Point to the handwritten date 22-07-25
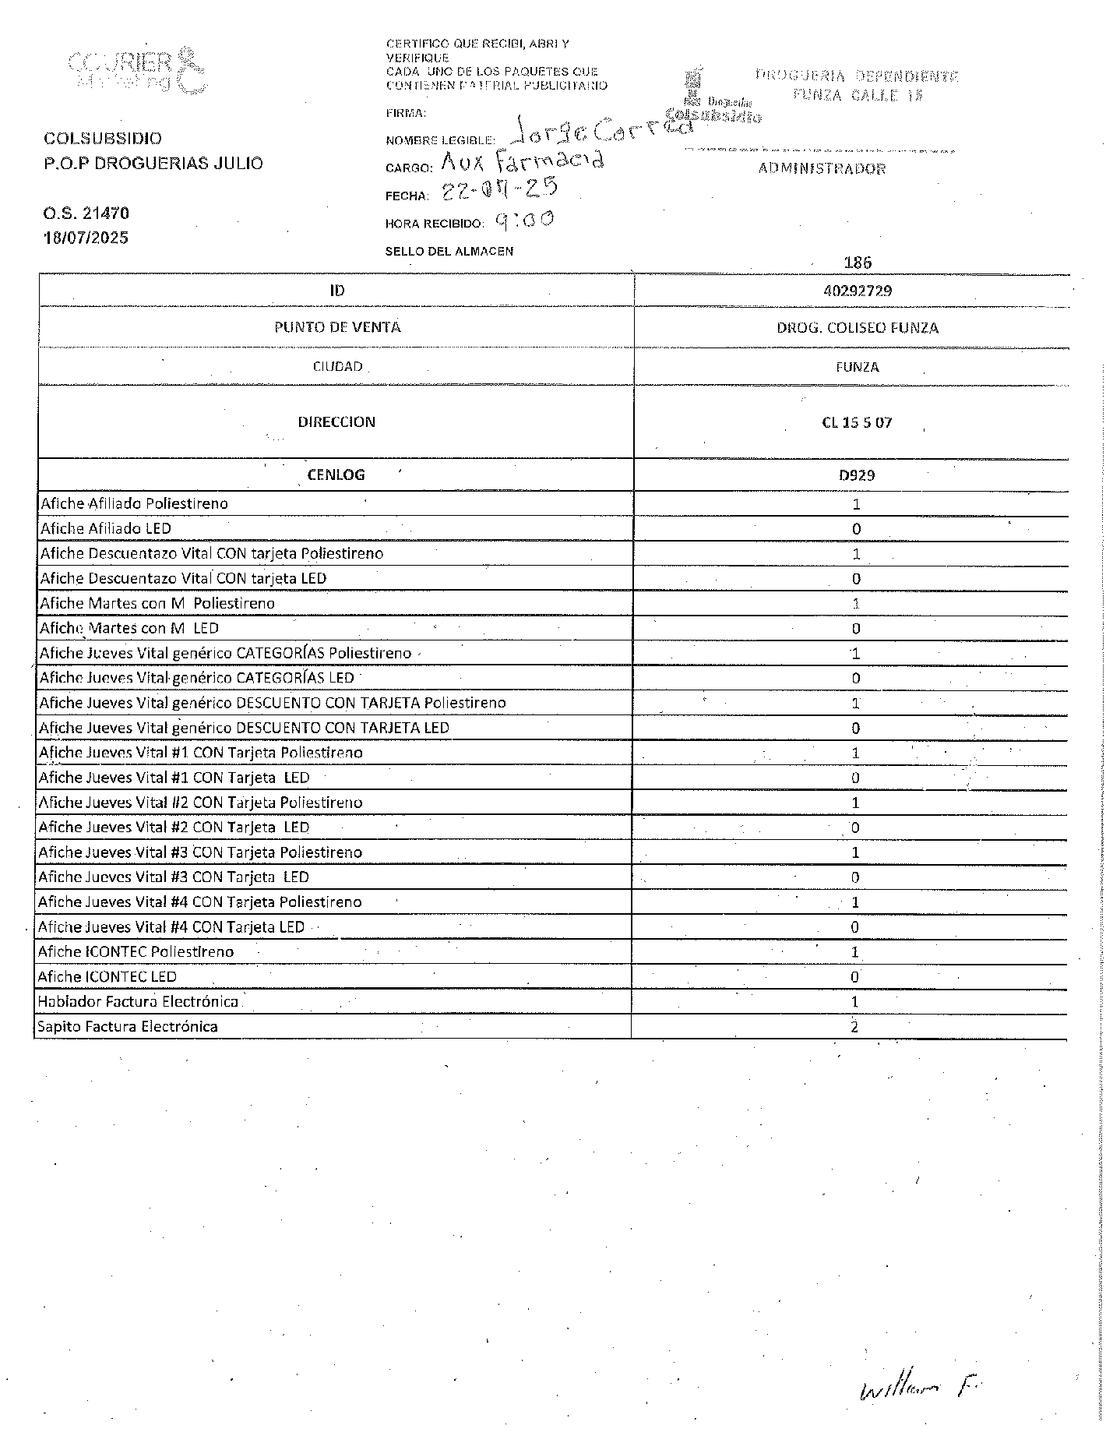[499, 189]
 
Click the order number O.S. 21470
[86, 213]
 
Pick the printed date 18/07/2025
[86, 238]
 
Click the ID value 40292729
[857, 291]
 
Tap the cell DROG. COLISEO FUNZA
[857, 328]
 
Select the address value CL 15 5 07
[857, 423]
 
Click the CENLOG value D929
[857, 475]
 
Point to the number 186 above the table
[858, 263]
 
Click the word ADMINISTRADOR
[822, 169]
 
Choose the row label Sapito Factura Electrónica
[128, 1027]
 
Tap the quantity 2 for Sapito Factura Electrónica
[854, 1027]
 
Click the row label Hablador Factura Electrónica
[138, 1002]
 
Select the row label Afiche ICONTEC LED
[107, 977]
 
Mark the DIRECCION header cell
[336, 422]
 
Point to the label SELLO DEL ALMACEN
[449, 252]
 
